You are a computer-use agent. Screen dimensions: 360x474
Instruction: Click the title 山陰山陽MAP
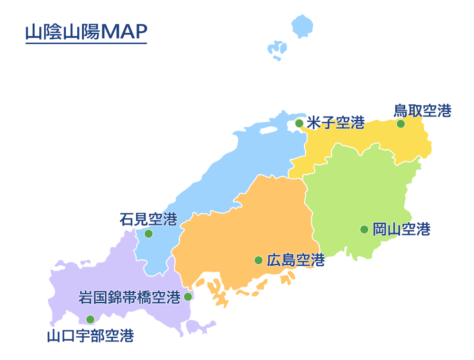pyautogui.click(x=86, y=32)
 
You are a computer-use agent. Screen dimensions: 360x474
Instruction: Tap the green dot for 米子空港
pyautogui.click(x=299, y=123)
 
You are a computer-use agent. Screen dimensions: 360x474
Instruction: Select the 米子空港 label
pyautogui.click(x=336, y=123)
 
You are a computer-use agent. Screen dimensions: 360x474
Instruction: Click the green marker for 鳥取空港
pyautogui.click(x=401, y=124)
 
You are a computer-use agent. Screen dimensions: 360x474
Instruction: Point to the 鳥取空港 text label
pyautogui.click(x=422, y=110)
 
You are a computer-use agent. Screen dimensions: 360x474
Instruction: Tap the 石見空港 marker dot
pyautogui.click(x=148, y=234)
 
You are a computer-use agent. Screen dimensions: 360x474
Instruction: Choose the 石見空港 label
pyautogui.click(x=148, y=219)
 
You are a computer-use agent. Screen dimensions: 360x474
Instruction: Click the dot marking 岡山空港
pyautogui.click(x=364, y=229)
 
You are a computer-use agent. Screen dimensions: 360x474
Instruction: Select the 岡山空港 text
pyautogui.click(x=401, y=229)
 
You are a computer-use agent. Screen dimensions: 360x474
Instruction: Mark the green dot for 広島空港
pyautogui.click(x=258, y=260)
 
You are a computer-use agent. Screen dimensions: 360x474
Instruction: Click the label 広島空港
pyautogui.click(x=296, y=260)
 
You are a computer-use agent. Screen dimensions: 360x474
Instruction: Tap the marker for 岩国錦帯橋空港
pyautogui.click(x=188, y=297)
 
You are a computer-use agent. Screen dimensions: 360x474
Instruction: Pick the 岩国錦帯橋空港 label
pyautogui.click(x=129, y=297)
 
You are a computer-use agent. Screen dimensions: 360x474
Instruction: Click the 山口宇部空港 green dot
pyautogui.click(x=90, y=319)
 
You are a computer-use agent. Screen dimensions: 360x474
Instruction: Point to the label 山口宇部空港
pyautogui.click(x=90, y=336)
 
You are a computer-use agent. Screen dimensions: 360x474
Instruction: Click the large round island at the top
pyautogui.click(x=301, y=26)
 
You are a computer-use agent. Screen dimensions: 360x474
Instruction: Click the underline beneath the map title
pyautogui.click(x=86, y=44)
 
